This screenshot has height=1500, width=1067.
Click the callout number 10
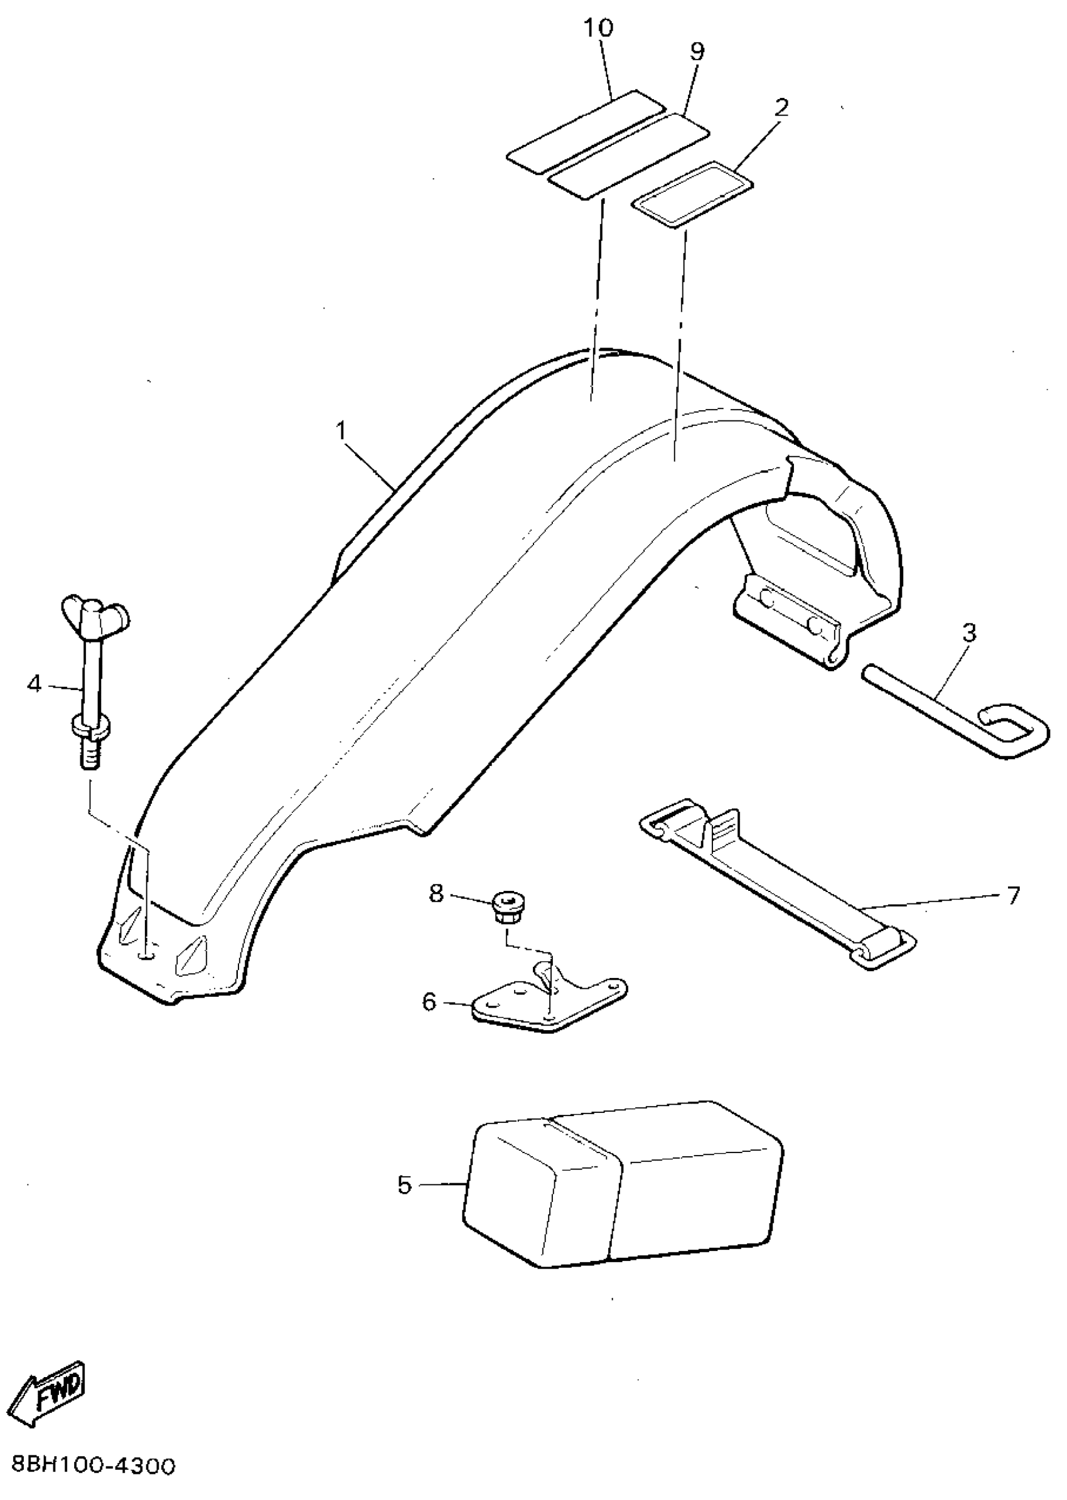(x=599, y=28)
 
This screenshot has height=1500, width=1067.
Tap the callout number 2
(x=781, y=107)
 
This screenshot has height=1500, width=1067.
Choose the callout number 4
(x=34, y=684)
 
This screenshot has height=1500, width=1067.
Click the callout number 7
(x=1012, y=895)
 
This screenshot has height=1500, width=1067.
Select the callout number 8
(x=436, y=893)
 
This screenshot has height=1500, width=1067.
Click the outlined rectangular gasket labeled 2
(x=692, y=195)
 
